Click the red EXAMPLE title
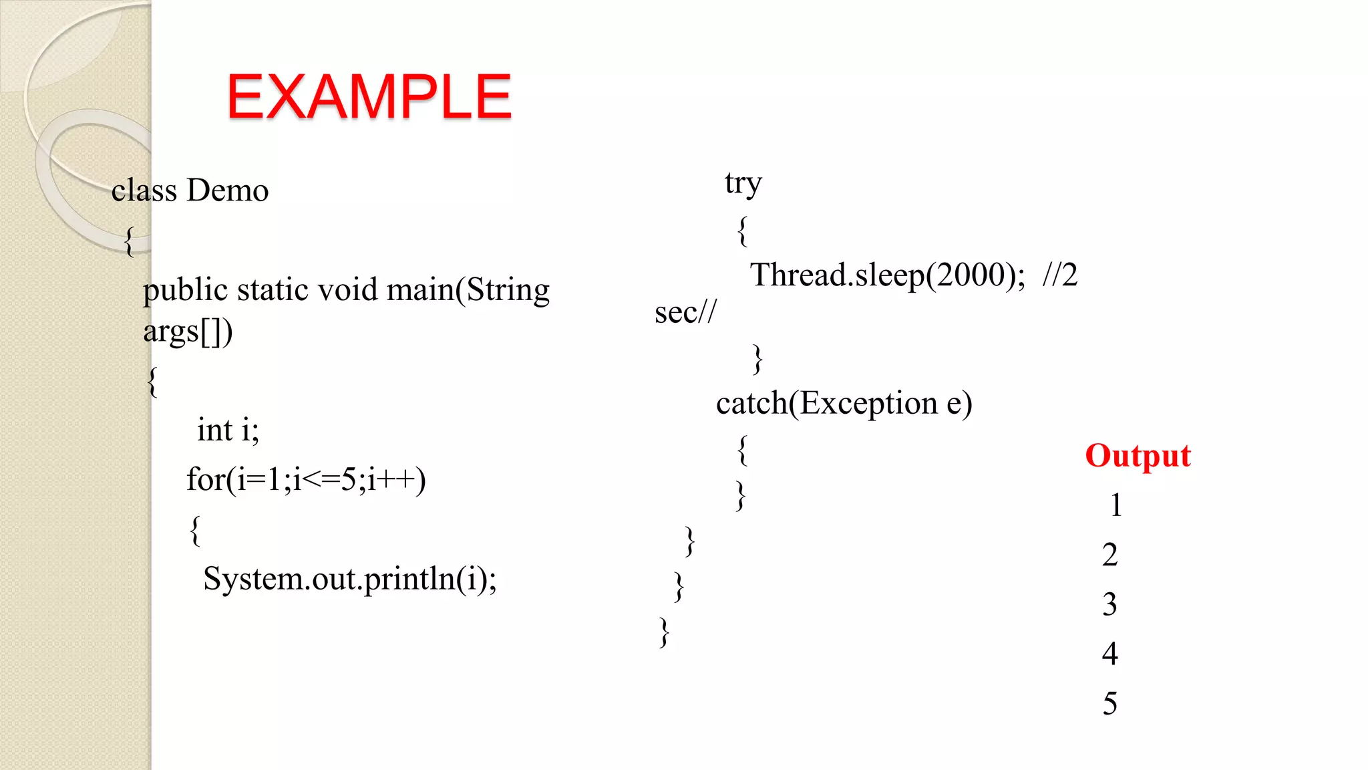(x=369, y=97)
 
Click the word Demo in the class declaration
(x=227, y=190)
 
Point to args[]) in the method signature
(x=188, y=332)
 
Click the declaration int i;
(x=228, y=430)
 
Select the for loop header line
(x=306, y=479)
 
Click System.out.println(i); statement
(x=350, y=579)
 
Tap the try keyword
(x=743, y=184)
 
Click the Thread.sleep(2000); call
(x=887, y=275)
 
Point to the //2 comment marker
(x=1059, y=275)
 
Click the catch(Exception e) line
(x=844, y=403)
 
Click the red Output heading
(x=1138, y=456)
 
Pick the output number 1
(x=1116, y=505)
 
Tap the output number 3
(x=1109, y=604)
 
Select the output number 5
(x=1109, y=703)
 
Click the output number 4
(x=1109, y=654)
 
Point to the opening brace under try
(x=742, y=231)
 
